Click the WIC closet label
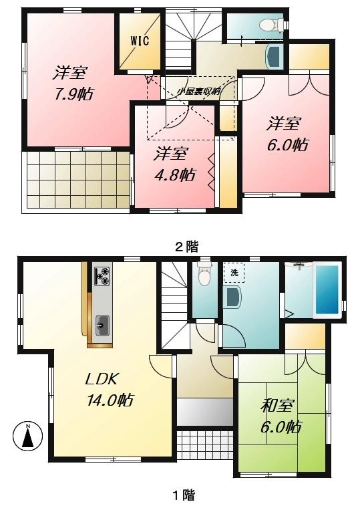tap(139, 40)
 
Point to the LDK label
tap(102, 380)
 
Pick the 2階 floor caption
tap(186, 247)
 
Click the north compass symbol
tap(27, 436)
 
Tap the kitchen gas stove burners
tap(103, 275)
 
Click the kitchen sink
tap(102, 324)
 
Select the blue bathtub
tap(327, 291)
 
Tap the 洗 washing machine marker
tap(234, 273)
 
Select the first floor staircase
tap(174, 301)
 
